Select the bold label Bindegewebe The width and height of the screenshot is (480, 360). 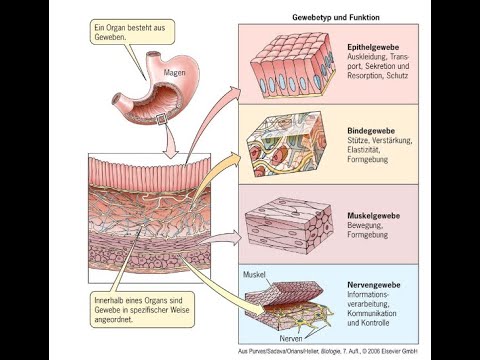369,129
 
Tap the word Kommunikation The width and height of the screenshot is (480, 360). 378,314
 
